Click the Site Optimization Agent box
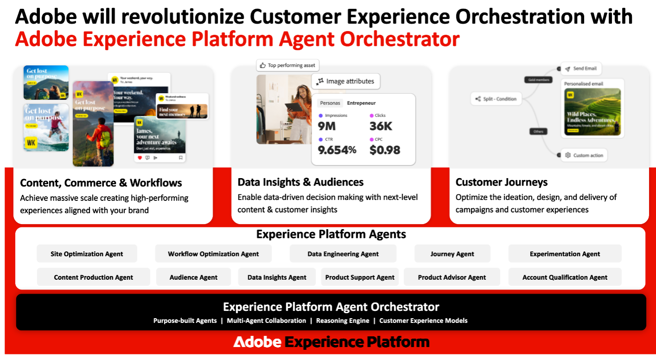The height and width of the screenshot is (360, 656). (x=87, y=254)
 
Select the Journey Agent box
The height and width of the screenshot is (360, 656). (x=452, y=254)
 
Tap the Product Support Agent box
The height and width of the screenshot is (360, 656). (x=360, y=277)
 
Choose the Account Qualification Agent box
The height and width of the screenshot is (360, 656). (x=565, y=277)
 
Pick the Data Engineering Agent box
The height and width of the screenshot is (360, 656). (x=343, y=254)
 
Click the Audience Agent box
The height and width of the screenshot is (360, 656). (x=193, y=277)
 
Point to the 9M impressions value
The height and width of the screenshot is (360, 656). (x=327, y=126)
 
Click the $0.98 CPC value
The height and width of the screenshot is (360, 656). (x=385, y=150)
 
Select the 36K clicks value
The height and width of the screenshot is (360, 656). (x=381, y=126)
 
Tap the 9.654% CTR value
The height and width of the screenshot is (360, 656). (x=337, y=150)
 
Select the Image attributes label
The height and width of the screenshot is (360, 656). (x=346, y=81)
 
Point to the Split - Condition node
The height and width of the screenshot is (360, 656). (x=495, y=99)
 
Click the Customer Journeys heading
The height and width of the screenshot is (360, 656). (x=502, y=182)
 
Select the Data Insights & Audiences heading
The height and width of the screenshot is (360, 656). (x=300, y=182)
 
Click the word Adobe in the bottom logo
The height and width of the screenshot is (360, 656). (x=257, y=342)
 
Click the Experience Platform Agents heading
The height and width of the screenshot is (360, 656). (x=331, y=234)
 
